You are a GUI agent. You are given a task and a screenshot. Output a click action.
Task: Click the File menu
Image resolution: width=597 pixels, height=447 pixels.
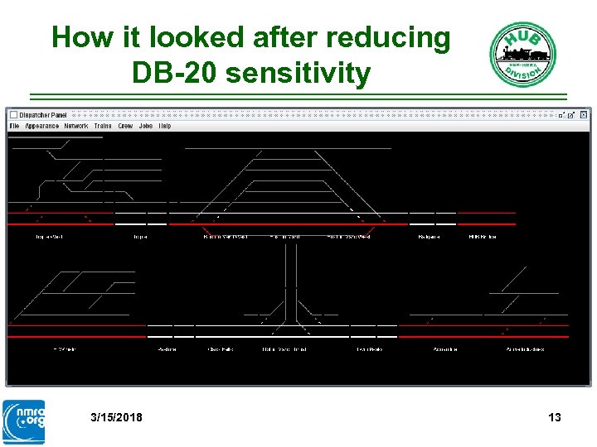[x=13, y=126]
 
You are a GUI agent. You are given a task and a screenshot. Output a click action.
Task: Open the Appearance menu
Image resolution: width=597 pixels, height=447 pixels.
[x=41, y=126]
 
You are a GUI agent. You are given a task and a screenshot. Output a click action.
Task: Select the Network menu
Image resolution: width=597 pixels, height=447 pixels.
[x=76, y=126]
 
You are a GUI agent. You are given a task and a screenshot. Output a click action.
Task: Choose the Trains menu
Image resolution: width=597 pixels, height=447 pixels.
[x=103, y=126]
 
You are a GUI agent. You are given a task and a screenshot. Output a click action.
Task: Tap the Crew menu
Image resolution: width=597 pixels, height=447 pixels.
[x=125, y=126]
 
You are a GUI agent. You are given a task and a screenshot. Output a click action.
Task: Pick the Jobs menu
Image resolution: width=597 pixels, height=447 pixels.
[x=146, y=126]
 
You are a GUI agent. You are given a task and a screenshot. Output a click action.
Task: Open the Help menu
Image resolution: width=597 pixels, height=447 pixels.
[x=165, y=126]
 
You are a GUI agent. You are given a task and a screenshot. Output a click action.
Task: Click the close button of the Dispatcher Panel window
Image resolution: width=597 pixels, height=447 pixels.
[x=584, y=115]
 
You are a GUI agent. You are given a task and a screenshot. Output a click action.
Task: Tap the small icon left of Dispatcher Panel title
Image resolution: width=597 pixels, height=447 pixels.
[x=13, y=114]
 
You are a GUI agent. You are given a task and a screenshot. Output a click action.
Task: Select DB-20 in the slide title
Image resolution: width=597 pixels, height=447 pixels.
[x=175, y=74]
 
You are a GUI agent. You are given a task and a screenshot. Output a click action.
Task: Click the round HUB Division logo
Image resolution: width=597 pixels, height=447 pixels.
[x=522, y=54]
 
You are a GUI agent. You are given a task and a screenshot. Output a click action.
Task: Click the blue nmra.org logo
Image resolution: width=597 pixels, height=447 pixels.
[x=24, y=421]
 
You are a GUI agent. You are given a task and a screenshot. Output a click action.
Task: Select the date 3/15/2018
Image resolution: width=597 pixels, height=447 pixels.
[x=116, y=417]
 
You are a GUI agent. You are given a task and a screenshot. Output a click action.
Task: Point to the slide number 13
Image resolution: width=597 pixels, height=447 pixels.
[x=555, y=417]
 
